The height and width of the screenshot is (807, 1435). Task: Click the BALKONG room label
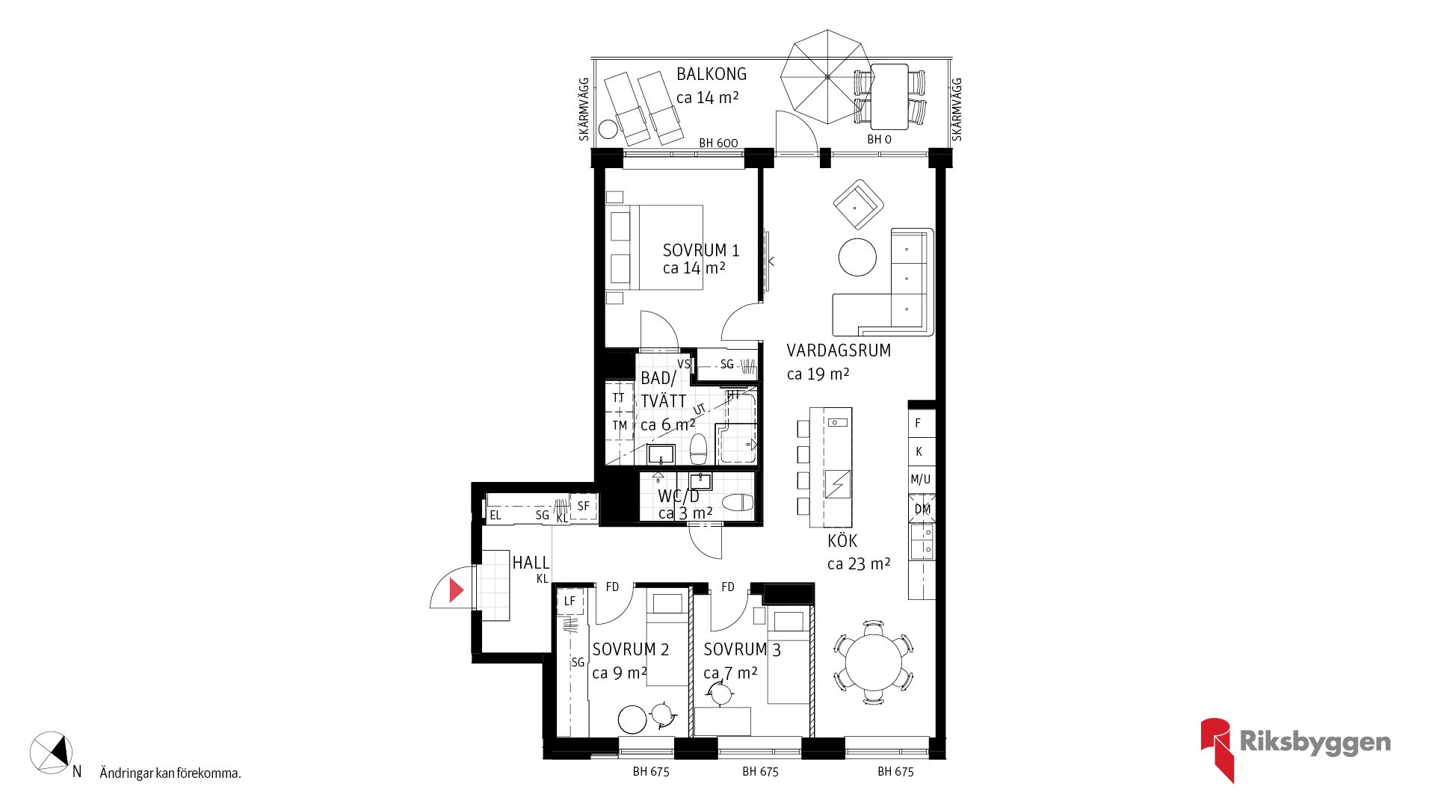[x=712, y=74]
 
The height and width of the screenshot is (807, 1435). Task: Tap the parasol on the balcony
[x=827, y=76]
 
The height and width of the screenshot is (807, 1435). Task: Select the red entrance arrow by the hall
[x=456, y=590]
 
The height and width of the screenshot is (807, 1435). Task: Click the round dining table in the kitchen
[x=873, y=662]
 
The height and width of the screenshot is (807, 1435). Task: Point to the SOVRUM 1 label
[x=701, y=250]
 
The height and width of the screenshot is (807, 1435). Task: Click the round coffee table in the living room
[x=857, y=257]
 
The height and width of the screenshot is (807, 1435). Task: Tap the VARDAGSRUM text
[x=839, y=350]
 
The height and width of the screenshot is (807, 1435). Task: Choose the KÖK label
[x=842, y=541]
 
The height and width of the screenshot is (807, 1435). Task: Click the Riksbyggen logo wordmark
[x=1315, y=742]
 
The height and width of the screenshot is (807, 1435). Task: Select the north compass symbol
[x=51, y=752]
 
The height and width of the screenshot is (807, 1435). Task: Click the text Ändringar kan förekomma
[x=170, y=773]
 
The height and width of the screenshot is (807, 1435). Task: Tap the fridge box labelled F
[x=922, y=424]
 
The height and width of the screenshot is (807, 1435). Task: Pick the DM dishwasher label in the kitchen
[x=922, y=509]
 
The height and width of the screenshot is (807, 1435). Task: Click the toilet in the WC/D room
[x=738, y=502]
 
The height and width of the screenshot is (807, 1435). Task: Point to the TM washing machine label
[x=620, y=426]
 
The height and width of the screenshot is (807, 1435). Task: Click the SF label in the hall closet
[x=584, y=506]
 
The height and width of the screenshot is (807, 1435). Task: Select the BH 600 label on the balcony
[x=718, y=143]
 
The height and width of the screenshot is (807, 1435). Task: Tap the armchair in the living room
[x=859, y=204]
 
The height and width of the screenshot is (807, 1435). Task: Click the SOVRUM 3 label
[x=742, y=650]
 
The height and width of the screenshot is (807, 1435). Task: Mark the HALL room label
[x=531, y=563]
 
